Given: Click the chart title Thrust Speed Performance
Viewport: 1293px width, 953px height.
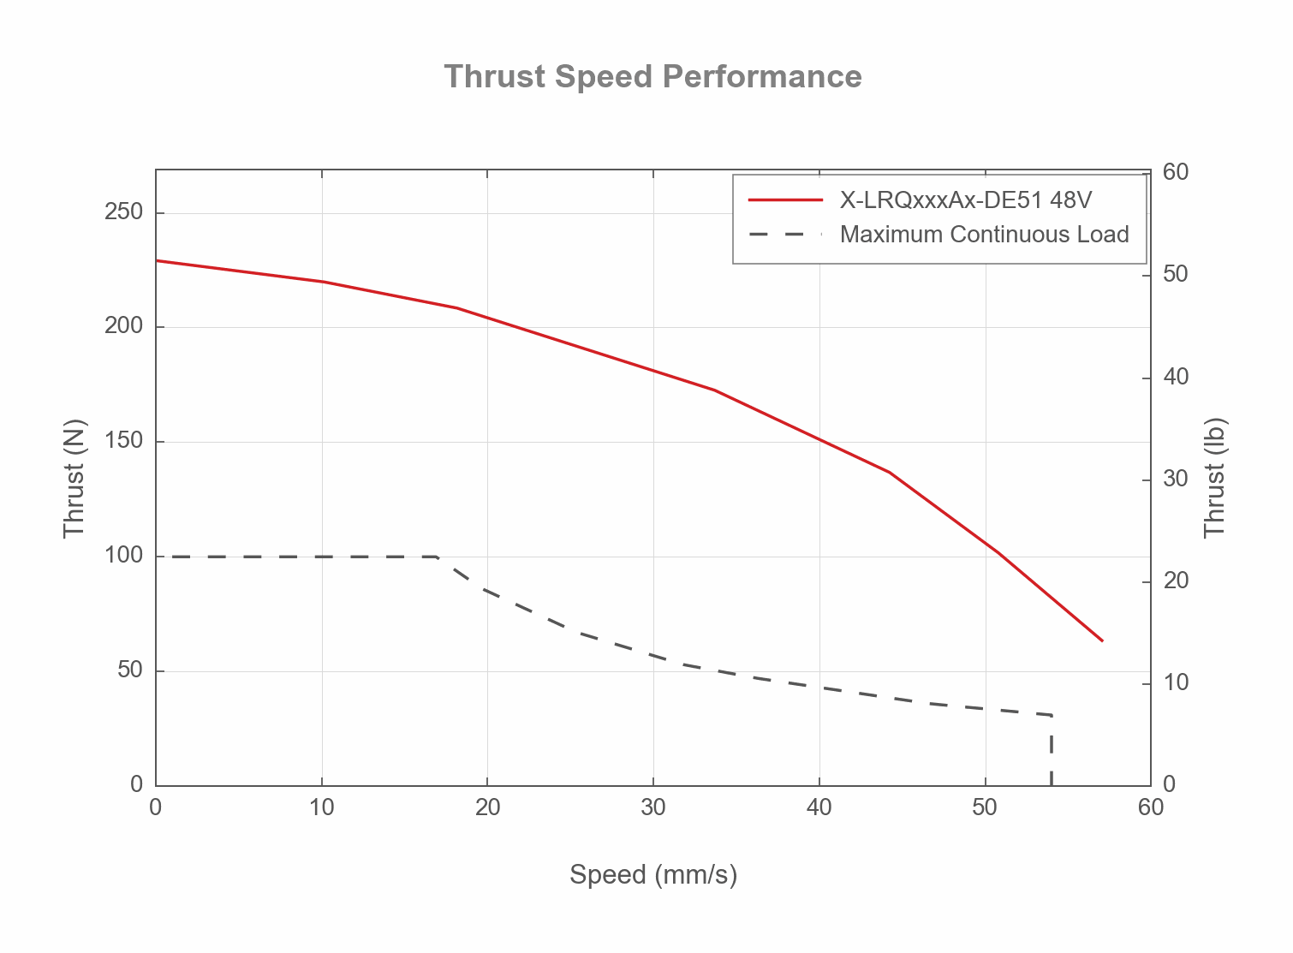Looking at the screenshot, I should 652,77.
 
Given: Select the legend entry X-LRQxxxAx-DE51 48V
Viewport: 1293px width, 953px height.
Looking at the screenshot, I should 965,200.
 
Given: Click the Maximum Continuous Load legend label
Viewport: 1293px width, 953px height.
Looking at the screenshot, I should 984,235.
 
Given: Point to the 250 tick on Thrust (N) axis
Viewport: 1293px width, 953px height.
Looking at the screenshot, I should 123,212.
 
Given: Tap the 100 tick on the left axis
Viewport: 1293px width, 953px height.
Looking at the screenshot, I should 123,556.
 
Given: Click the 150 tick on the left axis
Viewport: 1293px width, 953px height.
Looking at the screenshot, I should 123,442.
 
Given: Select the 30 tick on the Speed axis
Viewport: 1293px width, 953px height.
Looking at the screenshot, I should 653,807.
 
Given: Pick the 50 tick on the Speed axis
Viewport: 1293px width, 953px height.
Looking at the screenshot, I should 985,807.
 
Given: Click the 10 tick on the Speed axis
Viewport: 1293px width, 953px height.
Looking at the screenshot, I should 321,807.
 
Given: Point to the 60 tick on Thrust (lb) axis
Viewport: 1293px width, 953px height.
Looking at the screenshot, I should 1176,173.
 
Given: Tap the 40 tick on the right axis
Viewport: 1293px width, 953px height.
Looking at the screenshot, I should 1176,378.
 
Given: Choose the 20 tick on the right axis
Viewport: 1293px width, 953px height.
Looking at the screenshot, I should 1176,581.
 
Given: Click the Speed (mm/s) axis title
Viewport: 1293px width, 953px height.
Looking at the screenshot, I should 653,875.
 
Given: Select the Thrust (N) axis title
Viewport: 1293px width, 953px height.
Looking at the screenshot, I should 75,478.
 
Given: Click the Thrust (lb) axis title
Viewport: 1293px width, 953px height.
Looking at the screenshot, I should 1215,478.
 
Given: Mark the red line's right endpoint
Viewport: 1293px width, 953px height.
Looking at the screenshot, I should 1102,640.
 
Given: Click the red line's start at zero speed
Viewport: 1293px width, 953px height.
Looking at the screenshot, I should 157,260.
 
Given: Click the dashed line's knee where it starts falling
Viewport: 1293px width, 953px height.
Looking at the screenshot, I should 438,557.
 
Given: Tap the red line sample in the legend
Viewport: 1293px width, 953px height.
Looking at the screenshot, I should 785,200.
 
